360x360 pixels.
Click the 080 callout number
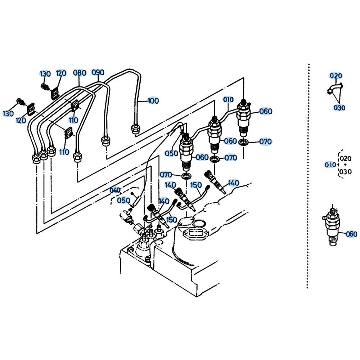(x=80, y=73)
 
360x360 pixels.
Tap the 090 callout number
(x=98, y=72)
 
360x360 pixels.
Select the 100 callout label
(x=153, y=100)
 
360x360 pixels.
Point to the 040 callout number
(x=115, y=190)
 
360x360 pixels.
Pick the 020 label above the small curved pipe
(x=336, y=76)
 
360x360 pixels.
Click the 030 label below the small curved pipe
(x=339, y=107)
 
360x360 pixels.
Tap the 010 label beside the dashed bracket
(x=330, y=165)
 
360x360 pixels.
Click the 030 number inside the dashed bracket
(x=345, y=171)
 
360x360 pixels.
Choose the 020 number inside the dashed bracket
(x=346, y=158)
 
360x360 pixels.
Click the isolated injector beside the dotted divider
(x=332, y=226)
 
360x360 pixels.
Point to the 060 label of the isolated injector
(x=351, y=234)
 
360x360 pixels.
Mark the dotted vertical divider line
(x=309, y=176)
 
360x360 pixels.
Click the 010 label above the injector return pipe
(x=228, y=99)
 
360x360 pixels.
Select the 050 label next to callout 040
(x=123, y=201)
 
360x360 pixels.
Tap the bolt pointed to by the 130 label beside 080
(x=44, y=87)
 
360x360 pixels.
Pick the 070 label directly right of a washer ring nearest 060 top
(x=265, y=141)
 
